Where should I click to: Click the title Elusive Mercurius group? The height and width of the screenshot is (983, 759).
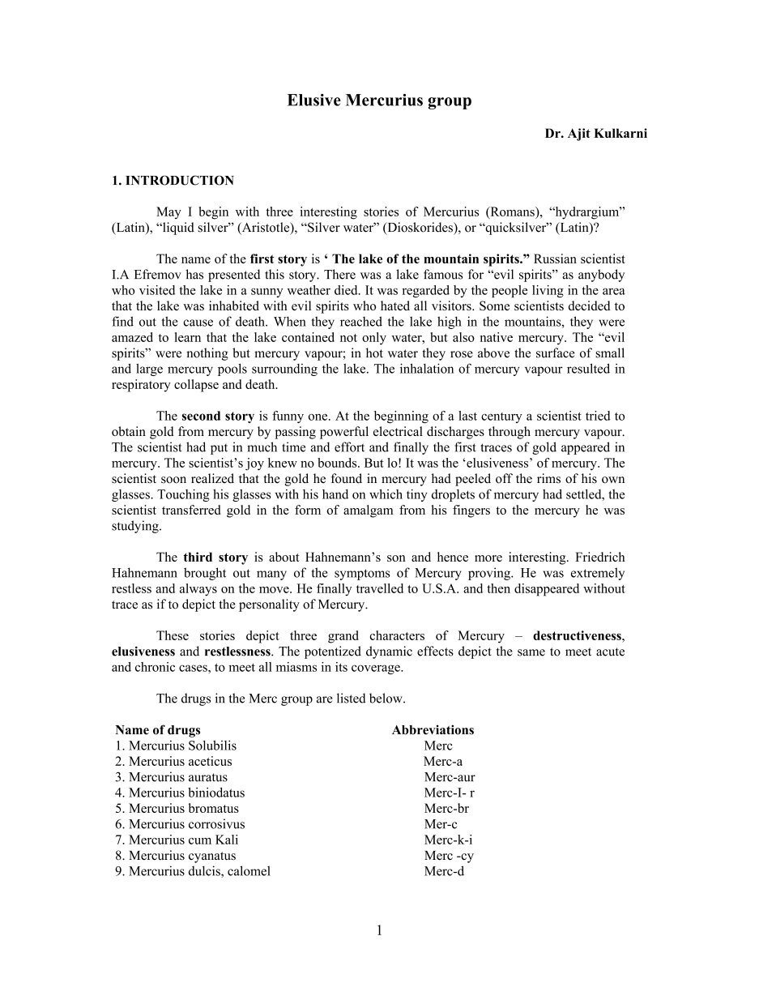pyautogui.click(x=379, y=101)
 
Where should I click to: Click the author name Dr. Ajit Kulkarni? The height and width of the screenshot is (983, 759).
pyautogui.click(x=595, y=134)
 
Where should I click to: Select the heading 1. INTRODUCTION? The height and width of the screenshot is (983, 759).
pyautogui.click(x=173, y=181)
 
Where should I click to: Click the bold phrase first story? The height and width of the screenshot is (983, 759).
pyautogui.click(x=279, y=259)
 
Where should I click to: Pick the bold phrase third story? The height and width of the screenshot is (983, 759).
pyautogui.click(x=215, y=558)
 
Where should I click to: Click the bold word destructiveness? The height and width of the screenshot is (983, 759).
pyautogui.click(x=578, y=636)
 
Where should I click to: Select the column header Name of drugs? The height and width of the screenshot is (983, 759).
pyautogui.click(x=158, y=730)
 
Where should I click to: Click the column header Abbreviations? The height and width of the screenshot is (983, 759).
pyautogui.click(x=433, y=730)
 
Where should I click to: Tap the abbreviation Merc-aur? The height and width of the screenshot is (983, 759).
pyautogui.click(x=449, y=777)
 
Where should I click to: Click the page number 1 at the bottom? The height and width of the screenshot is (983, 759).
pyautogui.click(x=379, y=930)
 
